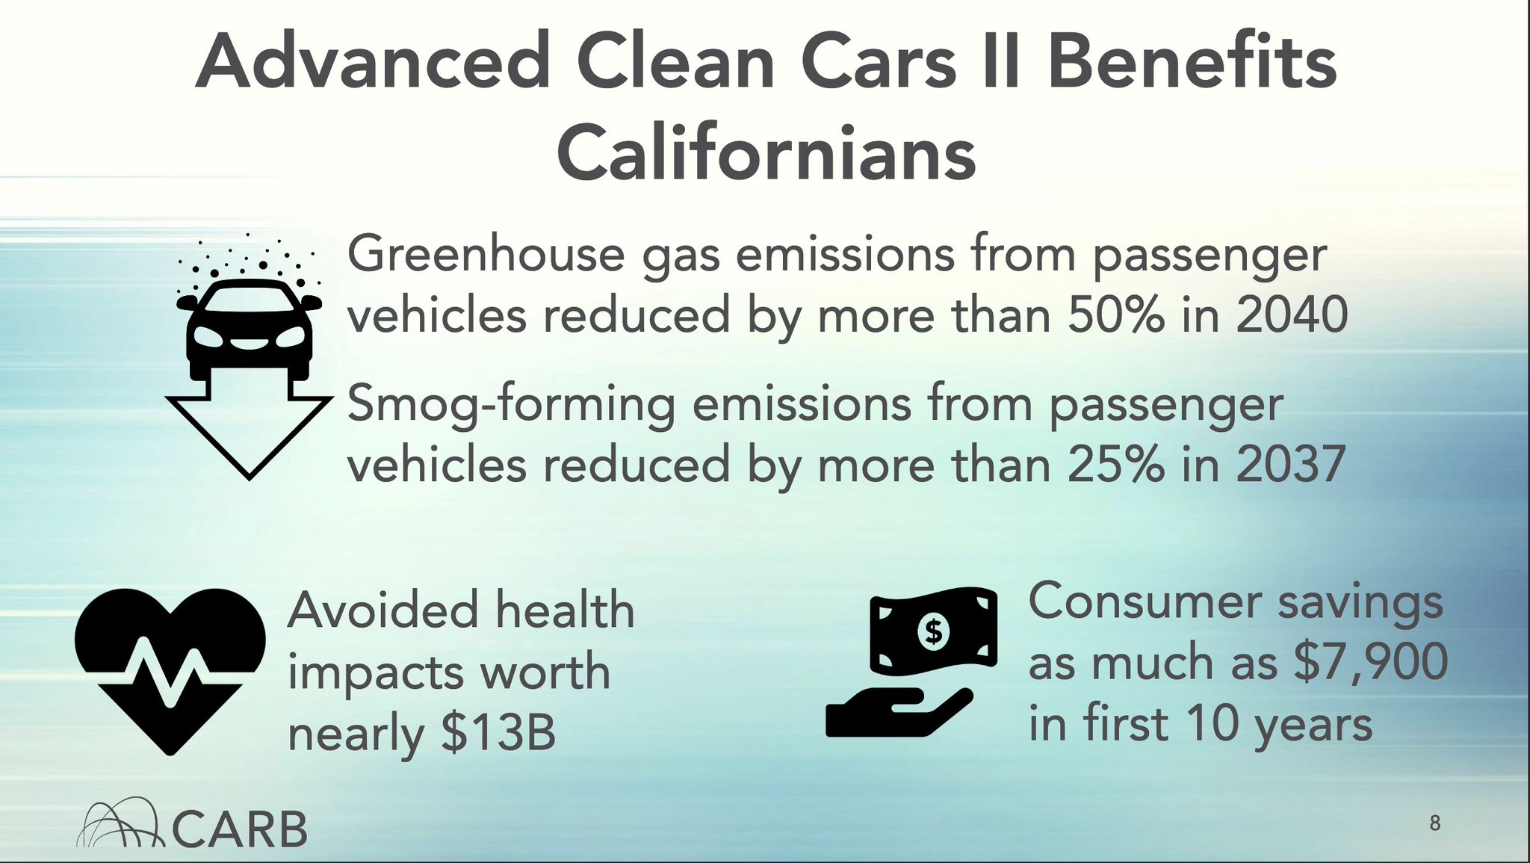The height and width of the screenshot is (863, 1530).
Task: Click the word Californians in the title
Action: (766, 153)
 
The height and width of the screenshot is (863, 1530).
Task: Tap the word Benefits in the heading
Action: (1192, 63)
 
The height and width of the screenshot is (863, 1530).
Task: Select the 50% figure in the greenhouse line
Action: (1115, 315)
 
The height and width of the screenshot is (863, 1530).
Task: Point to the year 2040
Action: (1292, 315)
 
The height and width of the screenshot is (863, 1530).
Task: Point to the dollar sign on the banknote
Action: (933, 631)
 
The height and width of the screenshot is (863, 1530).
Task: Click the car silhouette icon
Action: (250, 329)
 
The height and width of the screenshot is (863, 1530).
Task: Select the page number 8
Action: (1434, 823)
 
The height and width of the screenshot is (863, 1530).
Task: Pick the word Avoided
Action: (382, 610)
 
